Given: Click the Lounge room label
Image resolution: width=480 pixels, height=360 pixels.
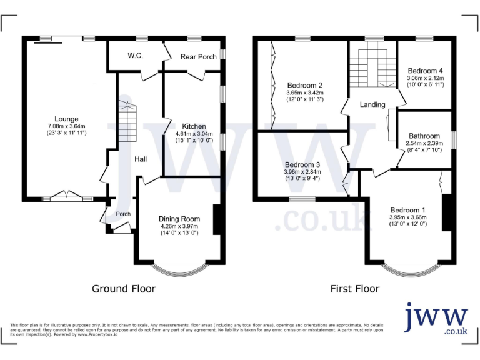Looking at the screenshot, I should [x=66, y=119].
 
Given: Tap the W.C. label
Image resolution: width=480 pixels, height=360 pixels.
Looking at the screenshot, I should [x=136, y=56].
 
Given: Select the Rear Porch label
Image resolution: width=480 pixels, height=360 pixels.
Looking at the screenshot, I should [x=198, y=57].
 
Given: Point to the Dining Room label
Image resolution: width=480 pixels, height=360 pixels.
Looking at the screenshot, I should [x=179, y=219].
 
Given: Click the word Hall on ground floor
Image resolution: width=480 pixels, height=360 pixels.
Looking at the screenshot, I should [x=141, y=159].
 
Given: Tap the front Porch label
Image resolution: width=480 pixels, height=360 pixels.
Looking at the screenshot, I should [x=123, y=214].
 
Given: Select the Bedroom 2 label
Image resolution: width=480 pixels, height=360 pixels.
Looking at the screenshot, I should [x=304, y=85].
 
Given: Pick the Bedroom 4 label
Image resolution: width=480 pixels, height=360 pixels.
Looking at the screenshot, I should [x=425, y=71].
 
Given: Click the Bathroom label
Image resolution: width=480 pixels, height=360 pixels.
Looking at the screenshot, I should [x=424, y=136].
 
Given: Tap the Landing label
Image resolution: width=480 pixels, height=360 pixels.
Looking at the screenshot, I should [x=372, y=104].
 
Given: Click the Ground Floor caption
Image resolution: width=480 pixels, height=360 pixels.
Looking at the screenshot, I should [x=124, y=289].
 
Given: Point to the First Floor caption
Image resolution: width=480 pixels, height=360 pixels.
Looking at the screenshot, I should [x=354, y=289].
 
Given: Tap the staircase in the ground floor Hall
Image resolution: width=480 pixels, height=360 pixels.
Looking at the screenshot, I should [x=127, y=119].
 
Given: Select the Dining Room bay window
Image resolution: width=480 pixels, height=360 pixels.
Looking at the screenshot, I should [x=179, y=269].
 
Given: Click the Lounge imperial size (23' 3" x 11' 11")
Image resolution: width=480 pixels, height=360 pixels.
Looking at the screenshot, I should [x=66, y=133].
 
